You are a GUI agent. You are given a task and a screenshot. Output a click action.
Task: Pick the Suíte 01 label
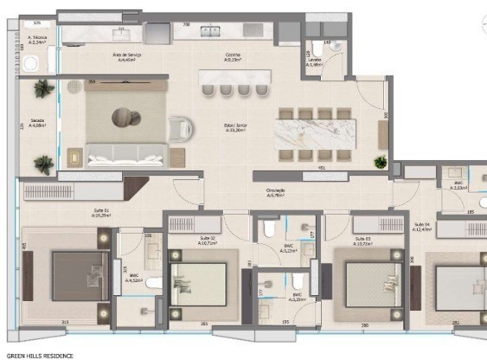tap(103, 213)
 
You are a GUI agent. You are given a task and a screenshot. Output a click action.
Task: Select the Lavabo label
tap(315, 61)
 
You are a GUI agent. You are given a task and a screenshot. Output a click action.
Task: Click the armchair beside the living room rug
tap(181, 128)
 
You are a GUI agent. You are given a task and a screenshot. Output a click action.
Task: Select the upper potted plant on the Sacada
tap(42, 87)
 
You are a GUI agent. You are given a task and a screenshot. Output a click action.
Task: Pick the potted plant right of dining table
tap(379, 162)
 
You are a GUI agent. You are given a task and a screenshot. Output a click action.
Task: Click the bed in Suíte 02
tap(200, 286)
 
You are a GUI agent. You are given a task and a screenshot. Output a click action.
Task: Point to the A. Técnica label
tap(42, 40)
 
